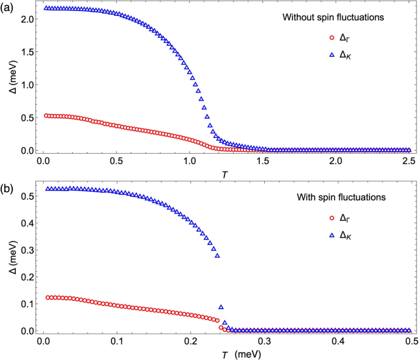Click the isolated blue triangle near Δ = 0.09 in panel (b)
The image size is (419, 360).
tap(221, 307)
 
